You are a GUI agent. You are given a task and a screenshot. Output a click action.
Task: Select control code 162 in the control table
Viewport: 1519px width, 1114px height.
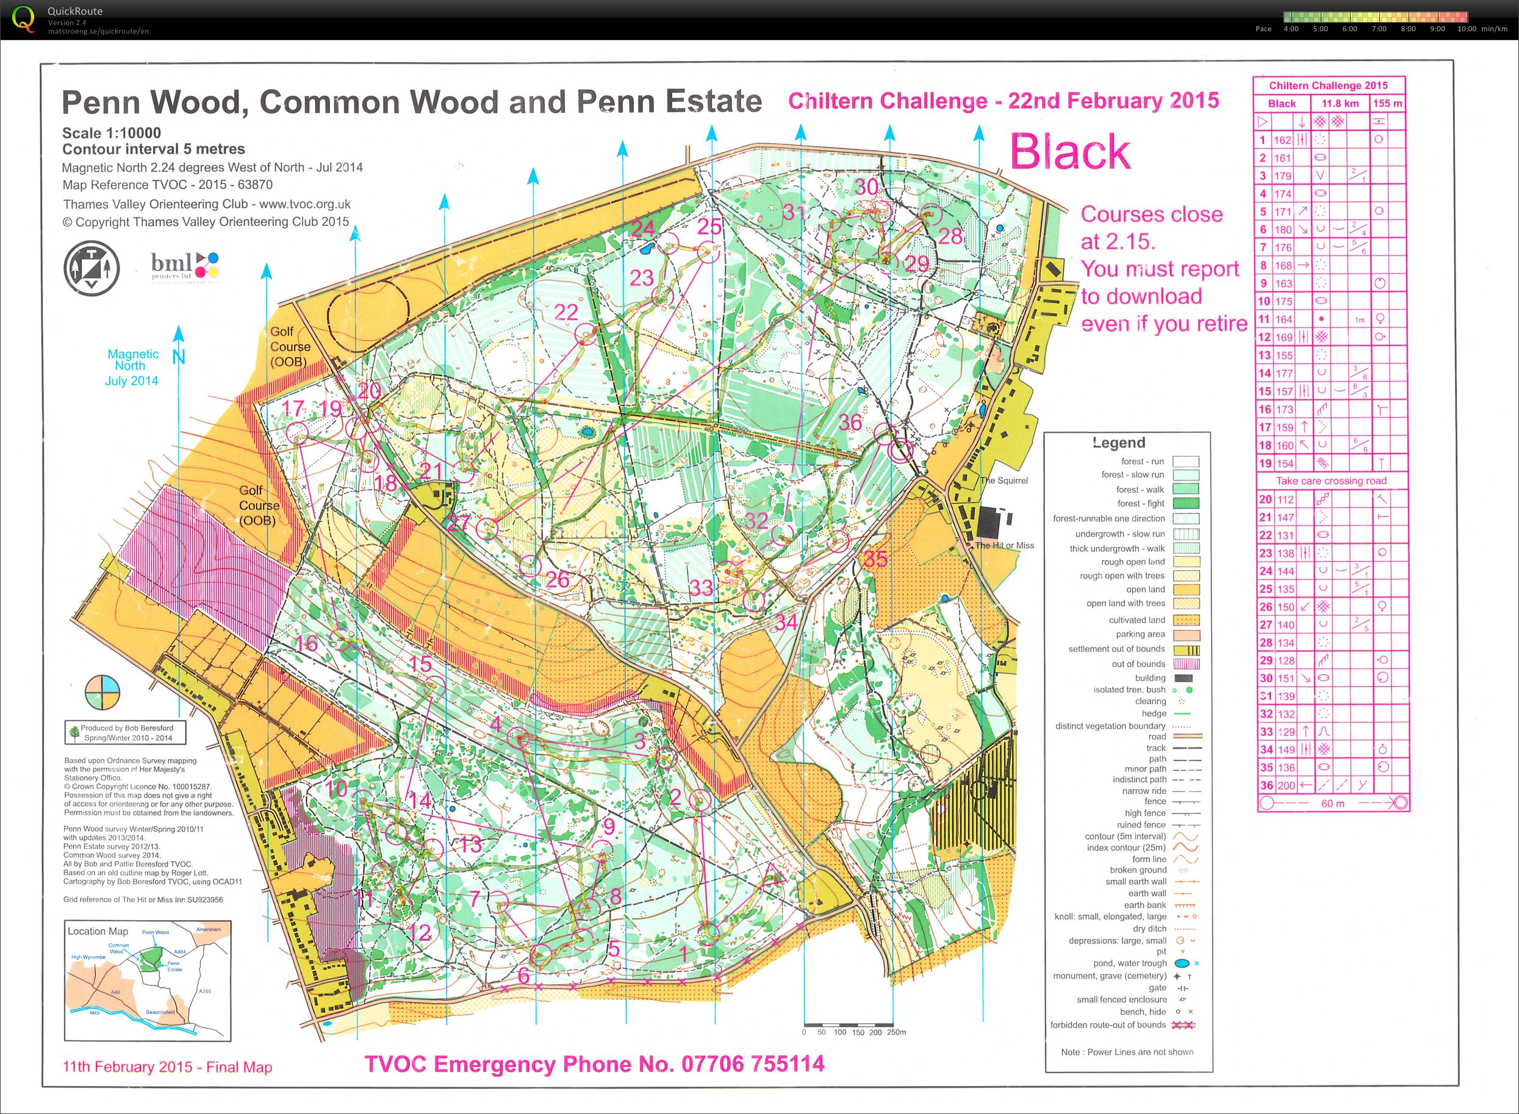click(1282, 140)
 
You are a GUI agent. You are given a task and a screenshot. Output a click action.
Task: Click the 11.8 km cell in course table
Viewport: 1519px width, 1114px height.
click(1340, 104)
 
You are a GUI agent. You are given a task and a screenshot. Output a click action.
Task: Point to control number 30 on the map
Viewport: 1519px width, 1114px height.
click(866, 187)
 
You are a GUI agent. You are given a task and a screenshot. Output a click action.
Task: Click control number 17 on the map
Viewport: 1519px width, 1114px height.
click(293, 408)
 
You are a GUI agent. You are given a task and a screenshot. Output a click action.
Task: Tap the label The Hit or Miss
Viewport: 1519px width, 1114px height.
click(1004, 546)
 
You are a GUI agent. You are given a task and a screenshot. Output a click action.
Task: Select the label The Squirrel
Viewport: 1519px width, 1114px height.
click(1004, 481)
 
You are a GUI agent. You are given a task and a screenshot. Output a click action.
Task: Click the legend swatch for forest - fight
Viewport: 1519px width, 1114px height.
click(1185, 504)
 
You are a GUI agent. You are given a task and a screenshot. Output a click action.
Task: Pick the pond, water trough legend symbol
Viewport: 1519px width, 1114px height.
click(1182, 963)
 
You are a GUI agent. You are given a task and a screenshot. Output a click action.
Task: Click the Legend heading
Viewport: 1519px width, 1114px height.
click(1119, 443)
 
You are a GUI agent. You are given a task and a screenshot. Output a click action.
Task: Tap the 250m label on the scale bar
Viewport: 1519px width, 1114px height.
click(896, 1032)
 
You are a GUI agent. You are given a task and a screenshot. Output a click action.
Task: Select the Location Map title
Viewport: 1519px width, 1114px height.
click(97, 931)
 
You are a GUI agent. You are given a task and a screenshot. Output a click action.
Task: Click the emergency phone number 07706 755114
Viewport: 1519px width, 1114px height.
click(753, 1064)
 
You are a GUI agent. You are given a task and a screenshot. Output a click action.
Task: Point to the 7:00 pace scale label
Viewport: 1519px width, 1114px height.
click(1379, 29)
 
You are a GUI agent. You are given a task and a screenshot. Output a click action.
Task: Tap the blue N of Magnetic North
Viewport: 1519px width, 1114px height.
click(178, 357)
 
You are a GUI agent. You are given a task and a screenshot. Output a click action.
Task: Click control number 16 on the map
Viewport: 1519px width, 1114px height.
click(306, 643)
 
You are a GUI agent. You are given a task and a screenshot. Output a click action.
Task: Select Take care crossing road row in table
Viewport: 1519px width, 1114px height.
click(1331, 481)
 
